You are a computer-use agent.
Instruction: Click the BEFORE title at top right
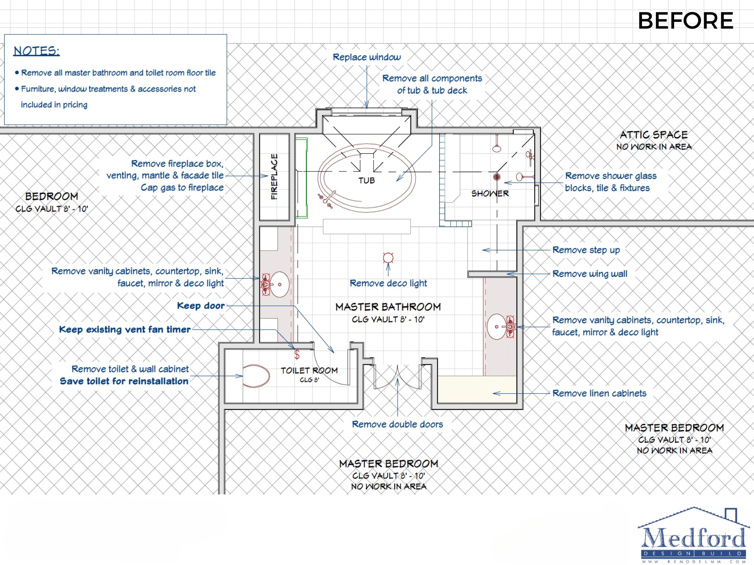(685, 21)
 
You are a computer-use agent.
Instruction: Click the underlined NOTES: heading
(37, 51)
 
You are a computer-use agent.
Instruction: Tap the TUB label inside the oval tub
(366, 181)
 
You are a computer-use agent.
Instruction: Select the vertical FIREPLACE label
(274, 177)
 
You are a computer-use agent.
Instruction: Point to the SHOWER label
(490, 194)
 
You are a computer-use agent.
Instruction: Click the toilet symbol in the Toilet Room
(256, 376)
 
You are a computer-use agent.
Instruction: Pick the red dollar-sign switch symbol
(297, 354)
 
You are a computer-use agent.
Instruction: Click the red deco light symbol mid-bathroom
(388, 258)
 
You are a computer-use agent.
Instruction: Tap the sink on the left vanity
(279, 284)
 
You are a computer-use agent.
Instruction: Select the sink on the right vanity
(497, 327)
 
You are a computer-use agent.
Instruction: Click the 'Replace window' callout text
(367, 57)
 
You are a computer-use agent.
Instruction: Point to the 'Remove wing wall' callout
(590, 274)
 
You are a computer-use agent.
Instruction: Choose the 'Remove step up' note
(586, 250)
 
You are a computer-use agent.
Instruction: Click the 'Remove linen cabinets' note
(599, 393)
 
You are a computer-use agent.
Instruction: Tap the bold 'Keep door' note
(201, 305)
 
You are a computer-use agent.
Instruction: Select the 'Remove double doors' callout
(397, 425)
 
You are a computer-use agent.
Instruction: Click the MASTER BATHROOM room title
(388, 307)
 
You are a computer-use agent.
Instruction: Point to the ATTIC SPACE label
(654, 135)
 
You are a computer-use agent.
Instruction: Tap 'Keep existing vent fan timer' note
(125, 330)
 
